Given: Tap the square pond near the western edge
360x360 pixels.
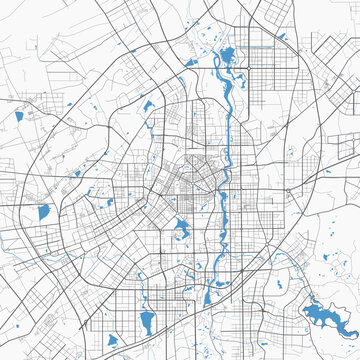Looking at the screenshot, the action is pos(43,212).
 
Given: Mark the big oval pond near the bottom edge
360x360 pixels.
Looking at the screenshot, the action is pos(148,321).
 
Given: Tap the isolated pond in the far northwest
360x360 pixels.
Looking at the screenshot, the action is pos(19,116).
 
